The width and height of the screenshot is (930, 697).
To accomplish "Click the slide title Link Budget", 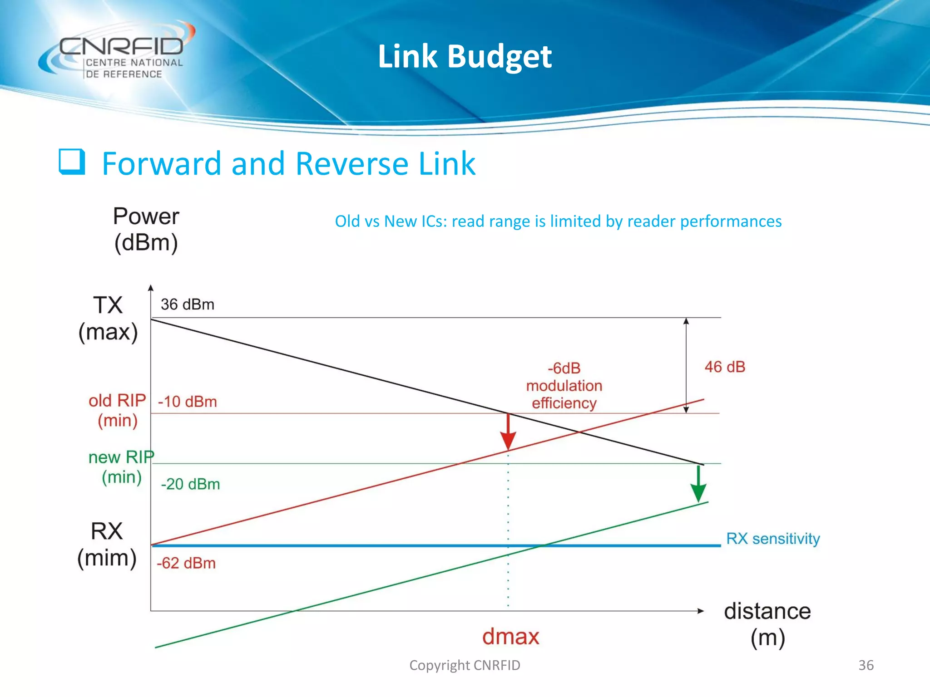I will pyautogui.click(x=465, y=56).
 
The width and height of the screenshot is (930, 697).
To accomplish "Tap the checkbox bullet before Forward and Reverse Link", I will pyautogui.click(x=72, y=162).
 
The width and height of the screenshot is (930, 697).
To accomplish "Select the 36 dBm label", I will pyautogui.click(x=187, y=304).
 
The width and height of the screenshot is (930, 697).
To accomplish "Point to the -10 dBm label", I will pyautogui.click(x=187, y=402).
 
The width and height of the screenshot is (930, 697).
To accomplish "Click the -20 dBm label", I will pyautogui.click(x=190, y=484).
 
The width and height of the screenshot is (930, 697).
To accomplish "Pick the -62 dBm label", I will pyautogui.click(x=186, y=563).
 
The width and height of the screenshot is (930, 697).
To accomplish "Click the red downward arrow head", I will pyautogui.click(x=508, y=441).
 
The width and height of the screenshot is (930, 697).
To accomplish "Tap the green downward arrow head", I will pyautogui.click(x=698, y=492).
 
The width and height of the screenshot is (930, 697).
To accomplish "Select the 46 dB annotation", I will pyautogui.click(x=725, y=367).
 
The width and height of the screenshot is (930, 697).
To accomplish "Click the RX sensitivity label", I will pyautogui.click(x=773, y=539).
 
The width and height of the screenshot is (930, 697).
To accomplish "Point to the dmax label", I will pyautogui.click(x=510, y=636).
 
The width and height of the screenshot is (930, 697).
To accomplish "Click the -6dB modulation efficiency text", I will pyautogui.click(x=564, y=385).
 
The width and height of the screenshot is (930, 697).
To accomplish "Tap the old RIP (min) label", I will pyautogui.click(x=117, y=410).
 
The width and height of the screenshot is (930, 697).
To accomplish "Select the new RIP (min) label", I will pyautogui.click(x=121, y=467).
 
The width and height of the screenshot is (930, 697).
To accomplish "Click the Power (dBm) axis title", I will pyautogui.click(x=146, y=229).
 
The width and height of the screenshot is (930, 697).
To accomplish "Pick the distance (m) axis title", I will pyautogui.click(x=767, y=624).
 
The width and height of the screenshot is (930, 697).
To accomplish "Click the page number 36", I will pyautogui.click(x=866, y=665).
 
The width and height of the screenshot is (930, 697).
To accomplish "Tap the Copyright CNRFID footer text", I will pyautogui.click(x=465, y=665).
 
